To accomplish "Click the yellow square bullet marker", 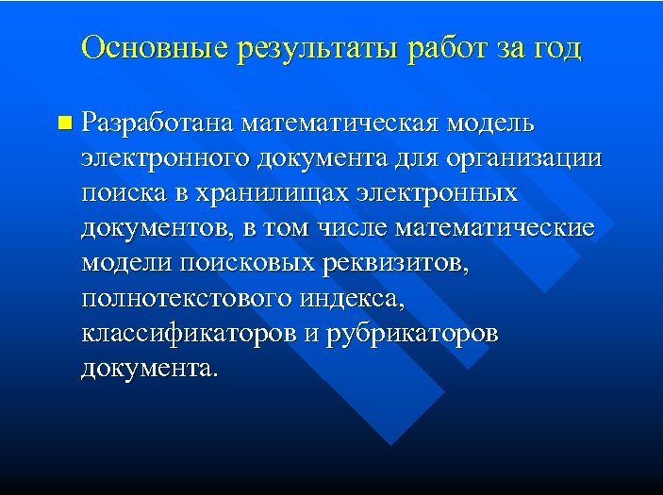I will click(63, 123).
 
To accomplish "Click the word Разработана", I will click(157, 123).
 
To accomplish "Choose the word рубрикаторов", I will click(413, 334).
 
